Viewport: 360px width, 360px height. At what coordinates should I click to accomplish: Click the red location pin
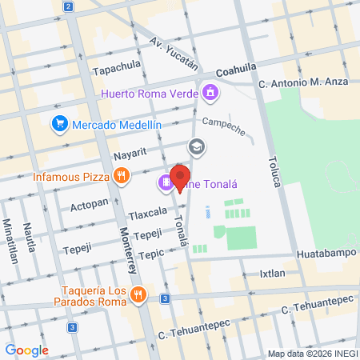[181, 178]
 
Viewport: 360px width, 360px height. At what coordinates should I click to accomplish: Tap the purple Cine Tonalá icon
[165, 183]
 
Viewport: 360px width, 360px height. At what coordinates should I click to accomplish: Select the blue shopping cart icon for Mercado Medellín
[59, 124]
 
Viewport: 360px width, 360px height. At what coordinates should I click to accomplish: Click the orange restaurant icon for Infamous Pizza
[122, 177]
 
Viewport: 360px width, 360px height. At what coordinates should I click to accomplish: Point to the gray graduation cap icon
[195, 147]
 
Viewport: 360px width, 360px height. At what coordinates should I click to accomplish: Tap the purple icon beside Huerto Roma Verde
[210, 92]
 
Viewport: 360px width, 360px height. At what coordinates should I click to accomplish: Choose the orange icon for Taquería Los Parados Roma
[138, 294]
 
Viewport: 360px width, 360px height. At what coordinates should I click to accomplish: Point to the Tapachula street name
[117, 69]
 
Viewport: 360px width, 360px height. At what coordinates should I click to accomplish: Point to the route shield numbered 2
[69, 7]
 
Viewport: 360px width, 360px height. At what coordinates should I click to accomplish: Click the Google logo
[26, 350]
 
